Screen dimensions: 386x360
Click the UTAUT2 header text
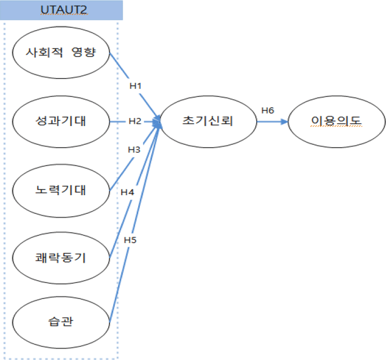63,10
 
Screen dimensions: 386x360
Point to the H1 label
135,86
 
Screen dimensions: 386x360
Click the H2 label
135,121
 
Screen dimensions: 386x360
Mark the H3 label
134,150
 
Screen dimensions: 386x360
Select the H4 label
127,192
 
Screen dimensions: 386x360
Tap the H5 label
130,240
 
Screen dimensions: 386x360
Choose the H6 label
267,111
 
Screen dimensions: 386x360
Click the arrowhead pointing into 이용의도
285,122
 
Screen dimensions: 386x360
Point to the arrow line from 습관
135,223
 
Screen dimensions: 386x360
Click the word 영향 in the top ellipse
84,52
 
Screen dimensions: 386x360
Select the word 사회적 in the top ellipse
44,52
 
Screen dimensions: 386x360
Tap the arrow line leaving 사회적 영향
134,85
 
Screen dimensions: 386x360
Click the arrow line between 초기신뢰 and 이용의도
272,122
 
